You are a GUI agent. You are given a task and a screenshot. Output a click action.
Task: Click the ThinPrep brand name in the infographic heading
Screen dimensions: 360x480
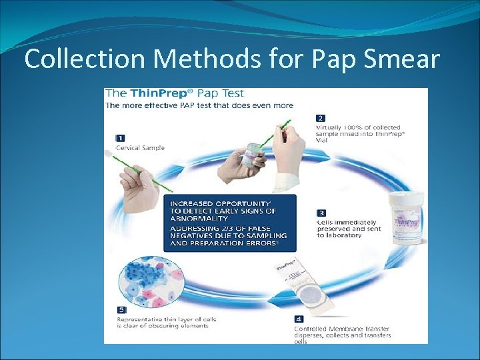[x=161, y=93]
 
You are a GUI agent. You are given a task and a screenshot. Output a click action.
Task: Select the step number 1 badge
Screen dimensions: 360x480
[x=121, y=137]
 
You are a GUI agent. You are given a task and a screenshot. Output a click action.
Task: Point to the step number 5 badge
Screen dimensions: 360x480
[x=121, y=310]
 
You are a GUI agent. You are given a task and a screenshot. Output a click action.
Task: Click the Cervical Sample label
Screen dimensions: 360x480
[x=140, y=147]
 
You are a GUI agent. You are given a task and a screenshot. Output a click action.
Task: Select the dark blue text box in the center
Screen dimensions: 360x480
[x=229, y=223]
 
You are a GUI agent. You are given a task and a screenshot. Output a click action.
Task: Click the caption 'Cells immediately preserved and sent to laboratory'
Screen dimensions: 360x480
[x=347, y=229]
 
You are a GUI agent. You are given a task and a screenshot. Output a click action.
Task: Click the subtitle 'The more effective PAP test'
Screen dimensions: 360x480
[x=199, y=105]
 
